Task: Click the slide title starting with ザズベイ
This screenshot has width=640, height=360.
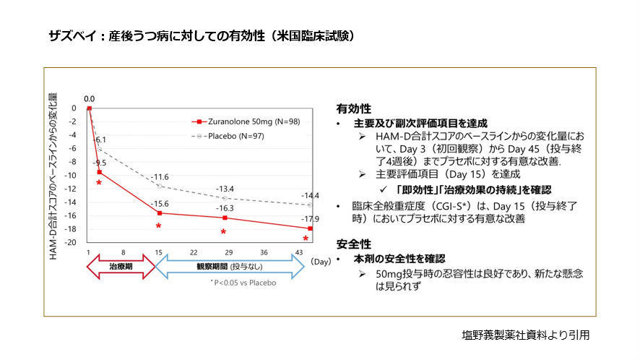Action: (202, 35)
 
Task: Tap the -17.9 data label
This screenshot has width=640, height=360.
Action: (311, 219)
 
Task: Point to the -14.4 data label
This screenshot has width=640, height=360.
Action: (310, 196)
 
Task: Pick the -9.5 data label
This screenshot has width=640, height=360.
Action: (99, 163)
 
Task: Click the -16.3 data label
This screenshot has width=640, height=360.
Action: (226, 208)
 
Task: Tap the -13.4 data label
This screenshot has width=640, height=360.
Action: (226, 189)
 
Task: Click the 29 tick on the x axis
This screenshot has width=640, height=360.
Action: (228, 252)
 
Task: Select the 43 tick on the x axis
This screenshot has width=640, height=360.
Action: (299, 252)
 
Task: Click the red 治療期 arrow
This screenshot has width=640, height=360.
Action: (121, 267)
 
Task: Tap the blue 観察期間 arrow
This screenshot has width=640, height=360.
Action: (230, 267)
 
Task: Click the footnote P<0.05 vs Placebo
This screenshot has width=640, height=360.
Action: (243, 283)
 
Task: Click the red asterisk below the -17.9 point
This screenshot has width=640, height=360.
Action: (306, 239)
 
